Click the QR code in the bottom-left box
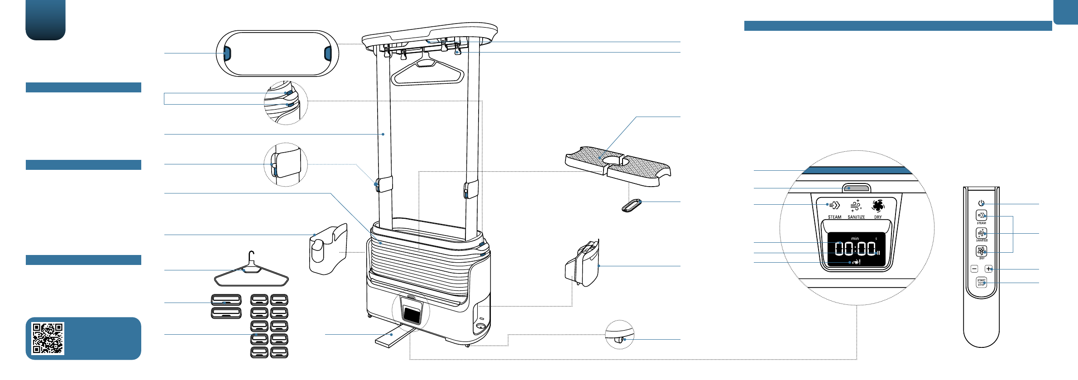point(48,338)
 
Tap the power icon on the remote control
point(981,203)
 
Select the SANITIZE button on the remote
point(981,233)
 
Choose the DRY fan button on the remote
point(981,250)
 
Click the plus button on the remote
point(988,269)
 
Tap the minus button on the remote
point(974,269)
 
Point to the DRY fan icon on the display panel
point(878,206)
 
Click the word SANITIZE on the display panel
point(856,217)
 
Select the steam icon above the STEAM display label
point(834,205)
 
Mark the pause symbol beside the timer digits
point(878,253)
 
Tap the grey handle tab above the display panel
point(856,188)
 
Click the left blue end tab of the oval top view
point(227,53)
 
